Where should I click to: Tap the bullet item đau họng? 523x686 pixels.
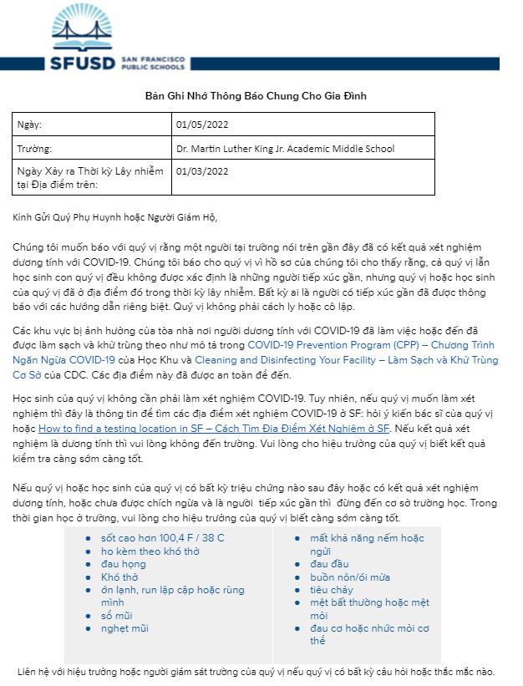123,564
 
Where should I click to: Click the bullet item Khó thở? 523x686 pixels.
119,577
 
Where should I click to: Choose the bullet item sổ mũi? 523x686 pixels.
117,616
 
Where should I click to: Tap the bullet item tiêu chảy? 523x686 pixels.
332,590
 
